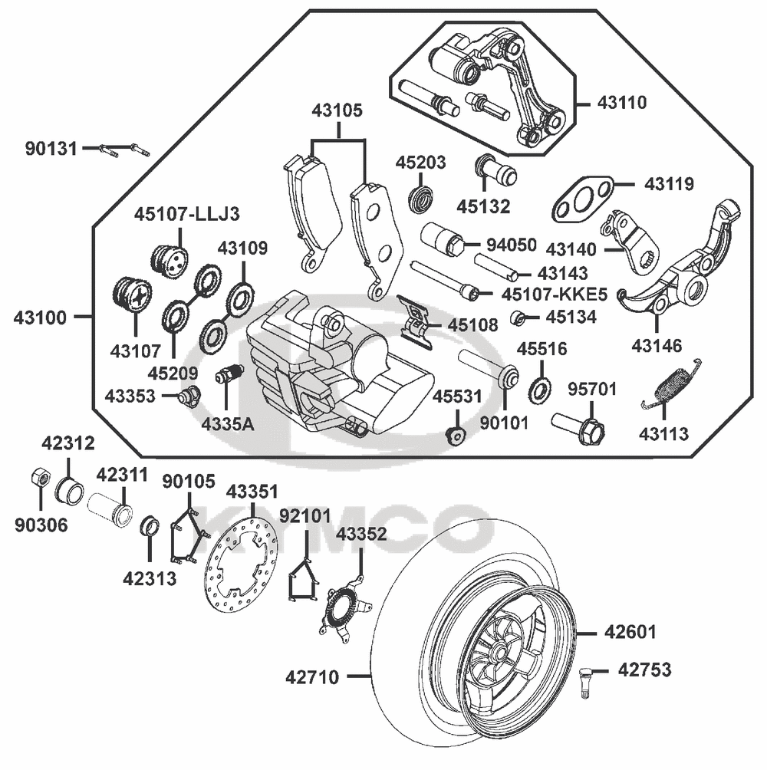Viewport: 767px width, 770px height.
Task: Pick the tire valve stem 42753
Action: click(x=587, y=678)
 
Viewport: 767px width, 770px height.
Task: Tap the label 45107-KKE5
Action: click(x=554, y=294)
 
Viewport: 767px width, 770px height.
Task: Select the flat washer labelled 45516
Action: click(x=539, y=390)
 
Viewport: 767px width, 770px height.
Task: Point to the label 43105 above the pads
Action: click(x=337, y=110)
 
